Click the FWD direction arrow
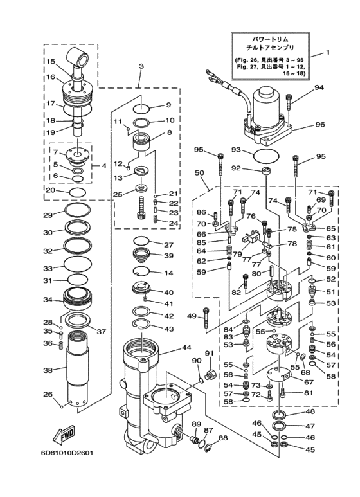pos(63,434)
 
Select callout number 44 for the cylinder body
pos(186,348)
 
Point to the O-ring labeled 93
pos(267,156)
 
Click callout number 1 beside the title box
pos(328,52)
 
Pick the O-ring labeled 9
pos(141,109)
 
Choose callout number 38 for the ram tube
pos(48,370)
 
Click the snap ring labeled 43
pos(142,324)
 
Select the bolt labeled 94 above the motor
pos(290,102)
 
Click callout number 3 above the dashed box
pos(141,66)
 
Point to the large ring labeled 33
pos(78,263)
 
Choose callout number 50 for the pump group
pos(200,173)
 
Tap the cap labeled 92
pos(267,171)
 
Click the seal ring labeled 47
pos(280,426)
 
